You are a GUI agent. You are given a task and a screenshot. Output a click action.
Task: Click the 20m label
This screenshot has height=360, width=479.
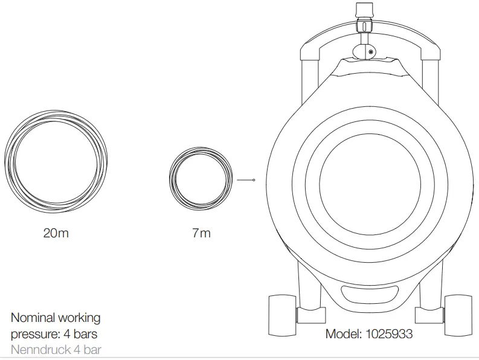(56, 233)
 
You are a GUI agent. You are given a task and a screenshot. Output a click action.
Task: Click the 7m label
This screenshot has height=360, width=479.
(201, 233)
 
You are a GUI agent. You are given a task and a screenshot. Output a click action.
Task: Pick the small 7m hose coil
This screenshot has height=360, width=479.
(201, 148)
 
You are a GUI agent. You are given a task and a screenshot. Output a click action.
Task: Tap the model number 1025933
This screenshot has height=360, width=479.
(389, 333)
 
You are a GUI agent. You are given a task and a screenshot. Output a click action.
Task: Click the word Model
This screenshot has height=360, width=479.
(343, 333)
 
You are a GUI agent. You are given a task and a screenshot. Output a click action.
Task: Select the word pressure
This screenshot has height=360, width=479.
(35, 335)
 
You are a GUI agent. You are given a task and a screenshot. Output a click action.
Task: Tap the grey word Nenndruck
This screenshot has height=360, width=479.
(41, 350)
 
